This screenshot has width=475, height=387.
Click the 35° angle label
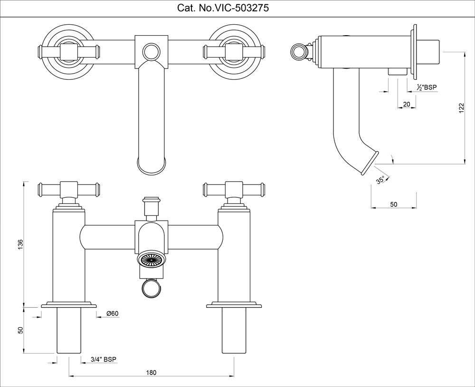(x=380, y=180)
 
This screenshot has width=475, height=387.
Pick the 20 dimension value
(x=406, y=104)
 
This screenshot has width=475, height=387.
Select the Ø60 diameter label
(x=112, y=313)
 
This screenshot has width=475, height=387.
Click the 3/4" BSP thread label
(x=104, y=359)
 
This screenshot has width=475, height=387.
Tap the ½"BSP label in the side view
(x=427, y=87)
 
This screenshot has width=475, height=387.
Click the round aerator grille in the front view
(x=152, y=260)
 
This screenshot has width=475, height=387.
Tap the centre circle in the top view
(x=152, y=51)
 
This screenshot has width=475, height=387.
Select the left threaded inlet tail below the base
(x=69, y=331)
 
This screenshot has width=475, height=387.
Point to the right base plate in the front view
(x=234, y=305)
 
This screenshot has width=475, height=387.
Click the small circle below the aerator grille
(x=152, y=288)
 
